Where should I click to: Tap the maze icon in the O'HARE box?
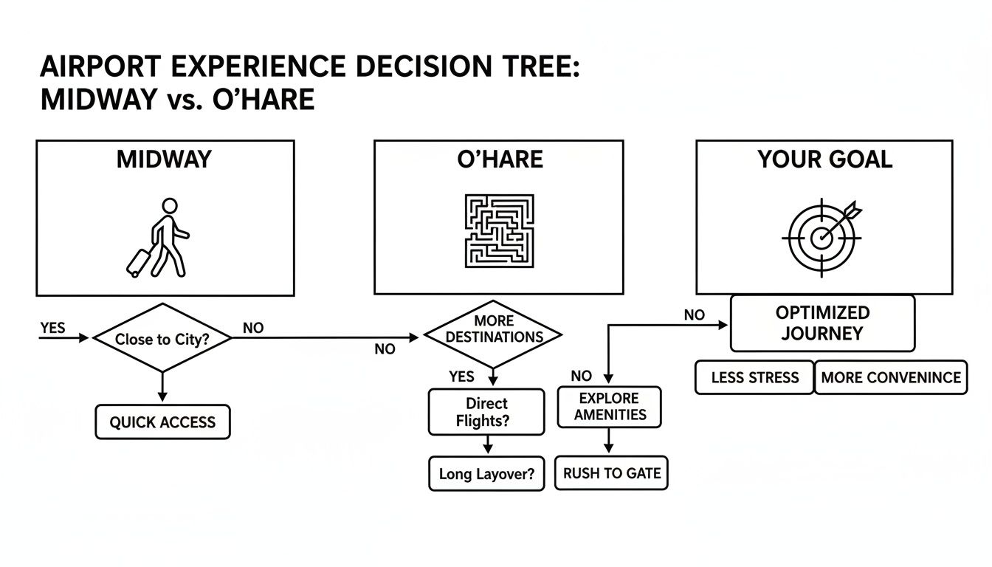[499, 230]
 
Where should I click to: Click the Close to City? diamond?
[162, 338]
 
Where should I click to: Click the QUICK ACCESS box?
[162, 422]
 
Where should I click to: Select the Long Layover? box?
[486, 474]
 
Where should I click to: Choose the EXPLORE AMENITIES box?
[608, 407]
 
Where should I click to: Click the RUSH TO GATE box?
[611, 473]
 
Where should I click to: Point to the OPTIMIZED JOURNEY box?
[822, 323]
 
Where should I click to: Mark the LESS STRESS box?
[754, 377]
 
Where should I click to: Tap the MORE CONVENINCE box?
[891, 377]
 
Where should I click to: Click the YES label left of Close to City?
[52, 328]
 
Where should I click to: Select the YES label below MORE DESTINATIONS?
[461, 377]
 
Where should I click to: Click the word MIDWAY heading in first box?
[164, 159]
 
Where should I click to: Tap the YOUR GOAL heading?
[824, 159]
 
